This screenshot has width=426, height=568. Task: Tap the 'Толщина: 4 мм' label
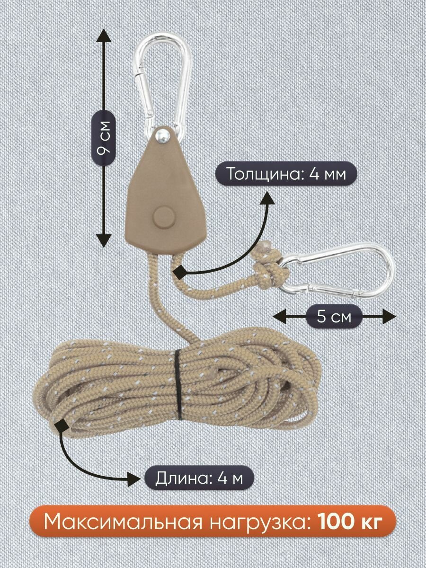(x=285, y=174)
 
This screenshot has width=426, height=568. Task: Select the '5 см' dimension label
(x=335, y=316)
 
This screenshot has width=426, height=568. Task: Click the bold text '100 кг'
(x=349, y=523)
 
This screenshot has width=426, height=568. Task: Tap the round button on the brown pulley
(x=164, y=217)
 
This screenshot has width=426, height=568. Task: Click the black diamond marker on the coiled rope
(x=61, y=424)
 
